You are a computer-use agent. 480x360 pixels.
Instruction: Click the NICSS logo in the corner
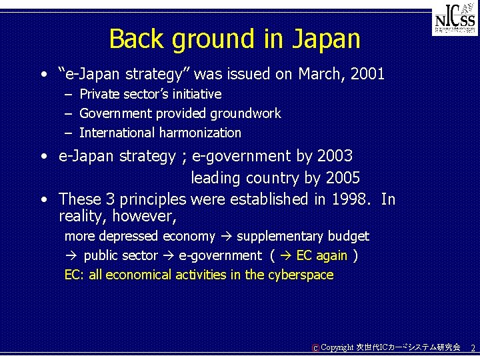pos(455,21)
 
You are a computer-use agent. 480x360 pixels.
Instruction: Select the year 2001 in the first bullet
pos(366,74)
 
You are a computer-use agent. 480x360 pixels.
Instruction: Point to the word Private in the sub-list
pos(100,95)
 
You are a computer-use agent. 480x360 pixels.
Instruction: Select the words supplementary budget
pos(303,236)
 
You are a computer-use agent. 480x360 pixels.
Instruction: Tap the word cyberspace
pos(299,275)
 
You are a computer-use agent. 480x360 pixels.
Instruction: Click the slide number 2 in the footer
pos(473,348)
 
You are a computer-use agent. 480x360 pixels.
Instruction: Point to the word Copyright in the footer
pos(337,347)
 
